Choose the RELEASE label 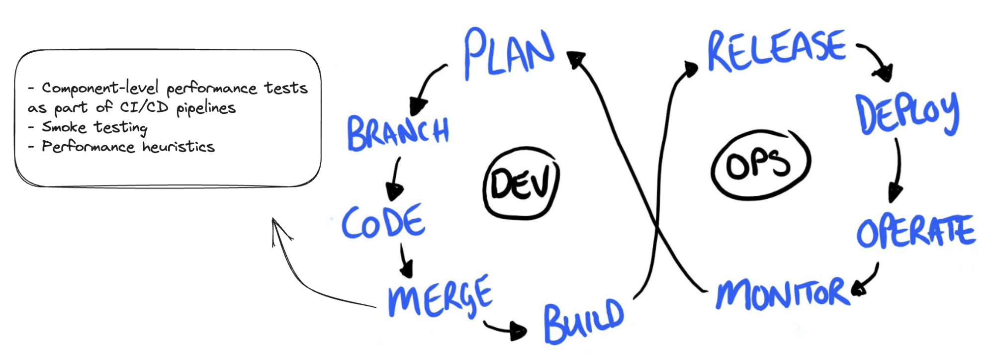[x=776, y=50]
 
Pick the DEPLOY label [x=906, y=114]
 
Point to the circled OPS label [x=759, y=164]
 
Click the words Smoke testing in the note [x=94, y=127]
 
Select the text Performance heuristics [x=128, y=147]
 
